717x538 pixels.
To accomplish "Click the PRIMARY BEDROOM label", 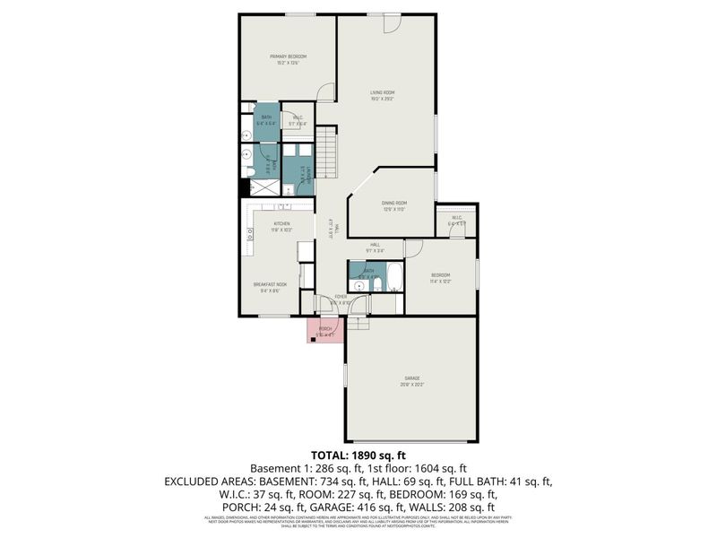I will click(x=288, y=56).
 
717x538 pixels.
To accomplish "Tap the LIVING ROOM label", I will click(x=384, y=92).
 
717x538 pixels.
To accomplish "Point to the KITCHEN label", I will click(x=281, y=223).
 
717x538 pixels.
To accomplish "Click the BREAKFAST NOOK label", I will click(x=269, y=285).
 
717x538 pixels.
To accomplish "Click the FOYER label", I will click(x=341, y=297).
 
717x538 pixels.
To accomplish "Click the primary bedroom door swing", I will click(x=327, y=91).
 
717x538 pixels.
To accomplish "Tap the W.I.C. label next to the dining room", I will click(x=456, y=217).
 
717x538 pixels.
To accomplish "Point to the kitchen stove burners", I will click(x=247, y=235).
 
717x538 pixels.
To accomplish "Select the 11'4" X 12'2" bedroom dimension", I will click(x=440, y=282).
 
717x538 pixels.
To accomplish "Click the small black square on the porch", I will click(x=314, y=339).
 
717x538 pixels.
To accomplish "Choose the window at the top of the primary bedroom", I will click(x=299, y=13).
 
